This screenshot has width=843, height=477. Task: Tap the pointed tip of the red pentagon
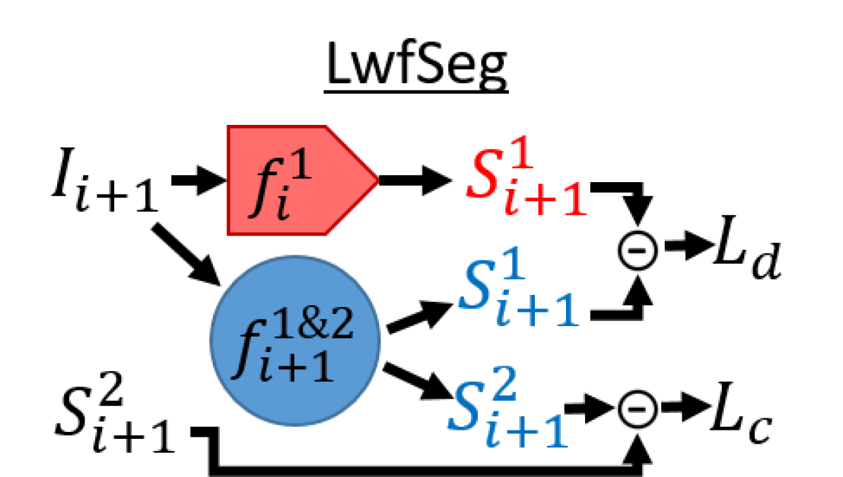pyautogui.click(x=377, y=181)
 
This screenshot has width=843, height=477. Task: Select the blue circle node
pyautogui.click(x=295, y=340)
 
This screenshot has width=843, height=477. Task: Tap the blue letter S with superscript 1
pyautogui.click(x=476, y=286)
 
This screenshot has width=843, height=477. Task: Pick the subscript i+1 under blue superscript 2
pyautogui.click(x=527, y=432)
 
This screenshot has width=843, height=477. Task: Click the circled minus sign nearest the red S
pyautogui.click(x=637, y=250)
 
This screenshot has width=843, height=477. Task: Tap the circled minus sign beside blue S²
pyautogui.click(x=637, y=409)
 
